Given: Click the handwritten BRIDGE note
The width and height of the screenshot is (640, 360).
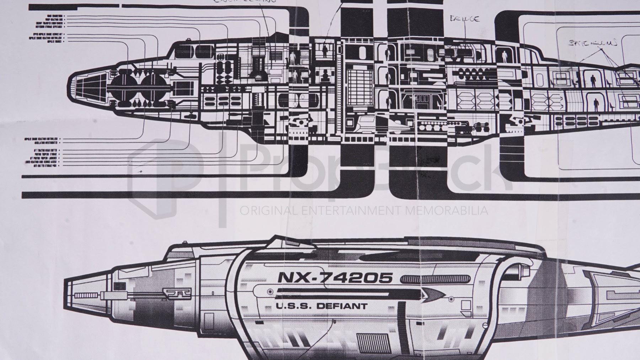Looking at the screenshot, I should pyautogui.click(x=464, y=19).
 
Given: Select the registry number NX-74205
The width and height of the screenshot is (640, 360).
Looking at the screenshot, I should pyautogui.click(x=335, y=277).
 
